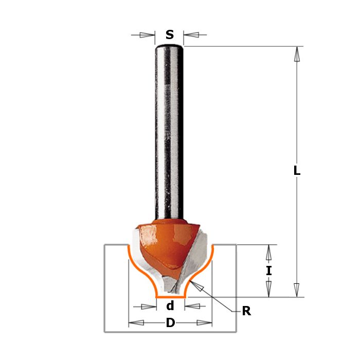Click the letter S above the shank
[x=170, y=34]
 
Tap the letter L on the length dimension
[x=297, y=170]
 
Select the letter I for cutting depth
[x=269, y=271]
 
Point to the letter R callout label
[x=246, y=311]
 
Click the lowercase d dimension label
[x=170, y=306]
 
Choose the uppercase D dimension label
[x=170, y=323]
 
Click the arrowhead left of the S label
[x=147, y=35]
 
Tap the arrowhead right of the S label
[x=191, y=35]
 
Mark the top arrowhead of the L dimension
[x=297, y=54]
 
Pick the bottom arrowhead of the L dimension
[x=297, y=290]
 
